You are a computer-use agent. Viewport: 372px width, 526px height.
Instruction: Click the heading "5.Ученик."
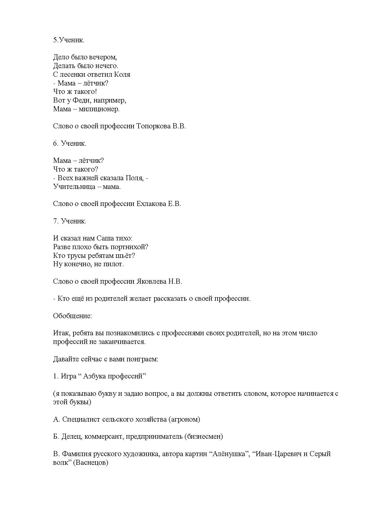[x=69, y=40]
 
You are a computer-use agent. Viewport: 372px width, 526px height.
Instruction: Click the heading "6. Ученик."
[x=70, y=144]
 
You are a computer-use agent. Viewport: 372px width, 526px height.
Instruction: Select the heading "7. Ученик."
[x=70, y=221]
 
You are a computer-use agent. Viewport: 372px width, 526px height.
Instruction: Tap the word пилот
[x=113, y=264]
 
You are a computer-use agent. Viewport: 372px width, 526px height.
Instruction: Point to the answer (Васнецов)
[x=90, y=463]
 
